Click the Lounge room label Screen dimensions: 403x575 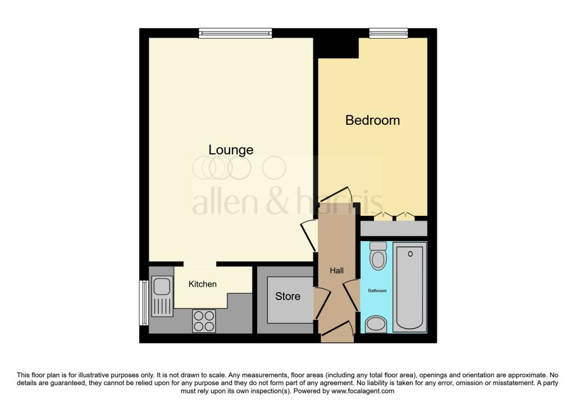231,150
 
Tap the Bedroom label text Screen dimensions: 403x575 372,120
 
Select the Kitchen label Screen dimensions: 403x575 202,284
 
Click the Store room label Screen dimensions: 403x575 287,296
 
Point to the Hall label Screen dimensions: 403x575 336,271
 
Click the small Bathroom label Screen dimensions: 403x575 377,291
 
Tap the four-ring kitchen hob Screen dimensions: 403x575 204,321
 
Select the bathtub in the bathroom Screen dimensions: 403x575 410,287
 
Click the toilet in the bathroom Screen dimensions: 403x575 379,257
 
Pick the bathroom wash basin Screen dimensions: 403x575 377,324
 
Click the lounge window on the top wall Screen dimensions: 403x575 235,34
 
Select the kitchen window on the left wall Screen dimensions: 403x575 143,302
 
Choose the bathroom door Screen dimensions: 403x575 352,293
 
